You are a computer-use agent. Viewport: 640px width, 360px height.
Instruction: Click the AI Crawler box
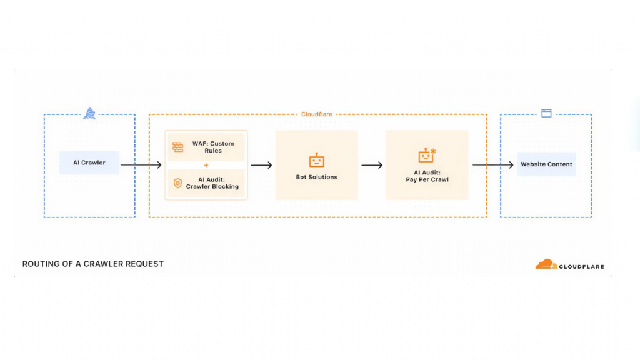coord(89,162)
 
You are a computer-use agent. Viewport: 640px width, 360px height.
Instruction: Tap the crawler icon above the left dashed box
coord(90,114)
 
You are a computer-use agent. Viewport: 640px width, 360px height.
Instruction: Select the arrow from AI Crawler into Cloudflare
coord(141,165)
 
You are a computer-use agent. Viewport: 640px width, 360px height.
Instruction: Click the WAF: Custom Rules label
coord(212,147)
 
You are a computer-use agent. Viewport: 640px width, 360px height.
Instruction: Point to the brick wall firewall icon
coord(178,147)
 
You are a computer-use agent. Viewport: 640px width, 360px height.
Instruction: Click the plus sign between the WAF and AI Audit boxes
coord(206,165)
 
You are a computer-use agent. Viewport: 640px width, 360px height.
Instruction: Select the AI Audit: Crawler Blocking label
coord(212,183)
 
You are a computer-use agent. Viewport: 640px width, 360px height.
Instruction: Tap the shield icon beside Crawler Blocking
coord(178,183)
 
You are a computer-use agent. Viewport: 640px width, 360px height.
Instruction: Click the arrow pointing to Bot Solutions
coord(261,165)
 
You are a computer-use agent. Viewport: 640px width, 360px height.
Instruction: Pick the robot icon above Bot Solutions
coord(317,160)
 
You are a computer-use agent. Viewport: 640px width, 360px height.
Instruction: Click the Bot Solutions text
coord(317,177)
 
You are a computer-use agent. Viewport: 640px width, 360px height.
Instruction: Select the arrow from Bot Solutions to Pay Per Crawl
coord(372,165)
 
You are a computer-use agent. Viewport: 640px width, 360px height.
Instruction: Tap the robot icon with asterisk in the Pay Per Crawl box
coord(427,156)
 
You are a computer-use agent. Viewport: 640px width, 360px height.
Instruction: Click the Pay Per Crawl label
coord(427,176)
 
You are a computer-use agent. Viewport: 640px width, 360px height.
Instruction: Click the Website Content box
coord(546,164)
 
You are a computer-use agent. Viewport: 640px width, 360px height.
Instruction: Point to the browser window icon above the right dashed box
coord(546,113)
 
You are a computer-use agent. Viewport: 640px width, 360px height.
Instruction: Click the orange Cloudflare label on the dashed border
coord(317,114)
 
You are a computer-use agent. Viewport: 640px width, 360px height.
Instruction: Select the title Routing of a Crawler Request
coord(92,264)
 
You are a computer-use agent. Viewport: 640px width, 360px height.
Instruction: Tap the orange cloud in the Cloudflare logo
coord(546,264)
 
